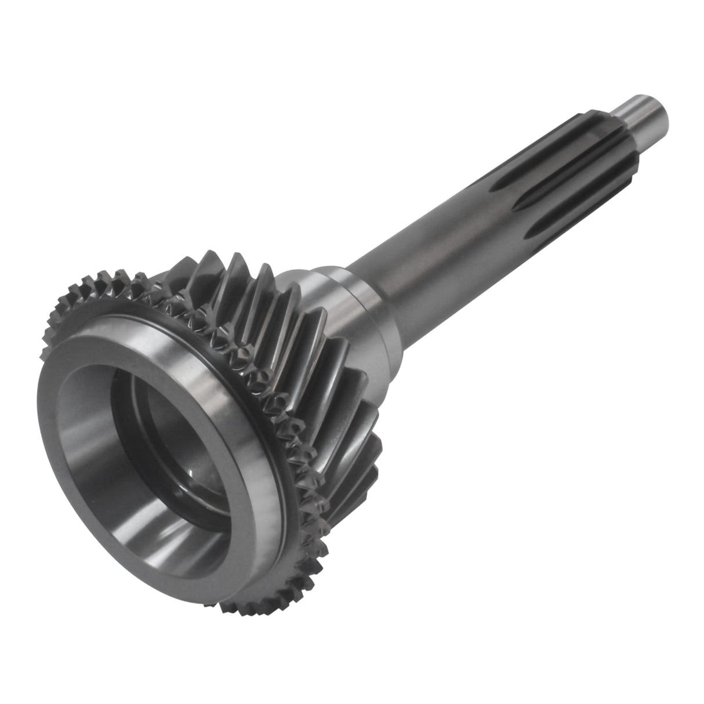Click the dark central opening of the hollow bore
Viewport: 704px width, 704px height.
point(174,447)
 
